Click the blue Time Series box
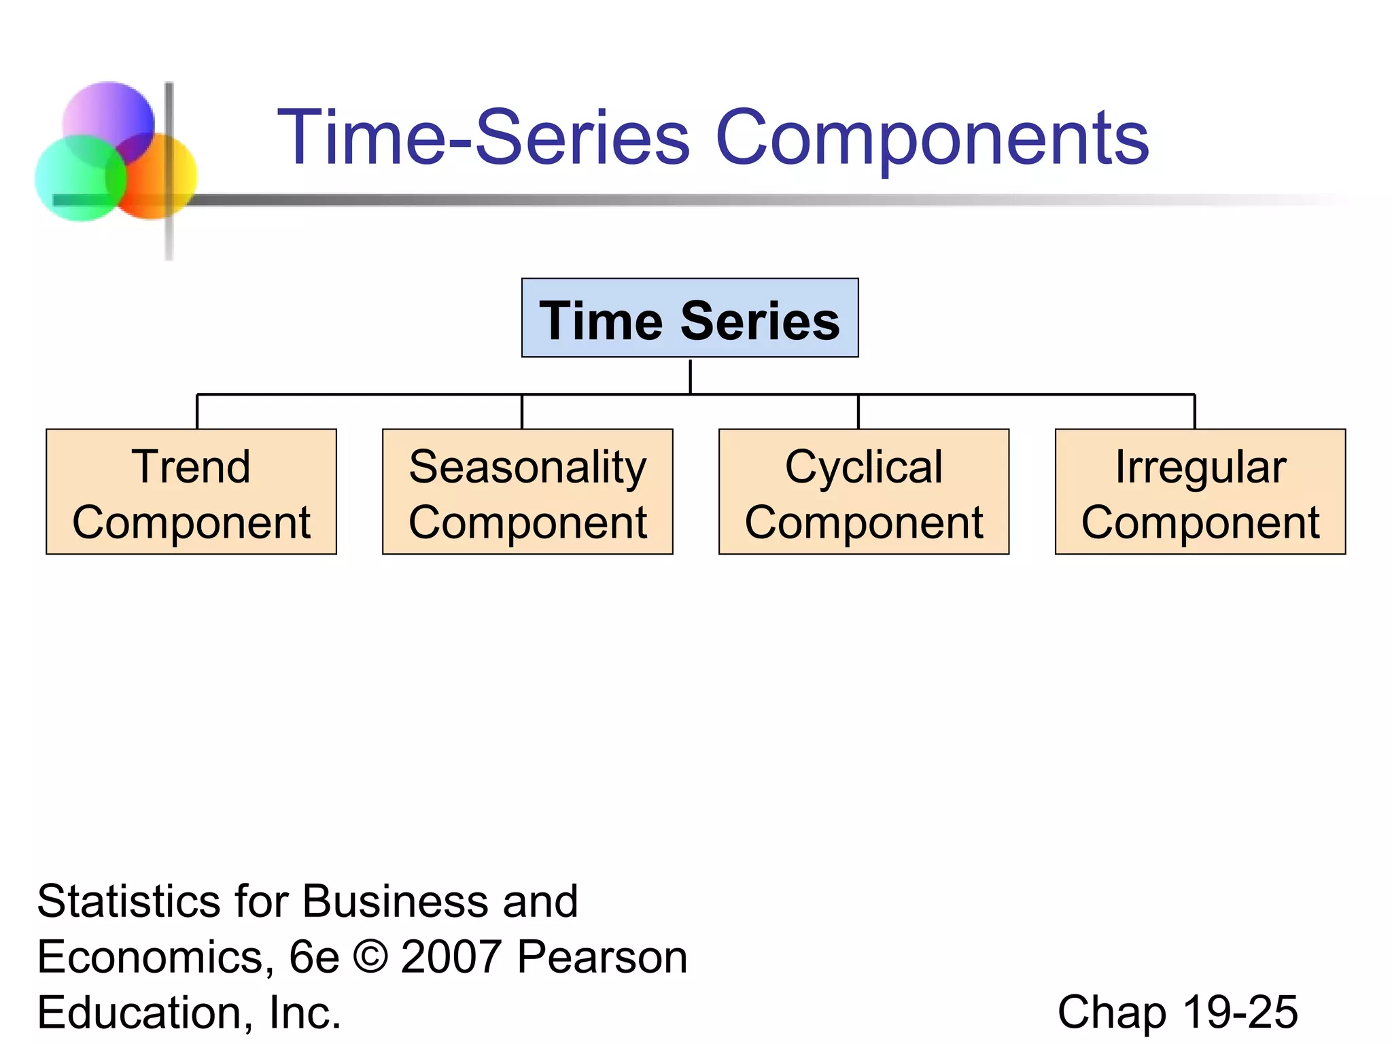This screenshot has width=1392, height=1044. click(x=689, y=318)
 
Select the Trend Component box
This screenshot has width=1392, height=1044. click(x=191, y=492)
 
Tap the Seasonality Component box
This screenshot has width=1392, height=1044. click(x=527, y=492)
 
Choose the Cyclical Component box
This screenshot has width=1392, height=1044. click(x=863, y=492)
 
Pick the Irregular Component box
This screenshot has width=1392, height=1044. click(x=1200, y=492)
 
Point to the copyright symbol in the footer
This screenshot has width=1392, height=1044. click(x=370, y=957)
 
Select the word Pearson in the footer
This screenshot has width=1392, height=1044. click(x=602, y=957)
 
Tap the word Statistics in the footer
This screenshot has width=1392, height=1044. click(x=128, y=902)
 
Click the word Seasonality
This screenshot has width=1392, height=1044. click(x=527, y=468)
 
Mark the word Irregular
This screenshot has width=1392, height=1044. click(x=1200, y=468)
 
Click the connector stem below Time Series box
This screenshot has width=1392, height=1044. click(x=690, y=376)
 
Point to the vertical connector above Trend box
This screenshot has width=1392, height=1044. click(x=197, y=411)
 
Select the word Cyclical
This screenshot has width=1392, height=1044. click(x=863, y=468)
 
